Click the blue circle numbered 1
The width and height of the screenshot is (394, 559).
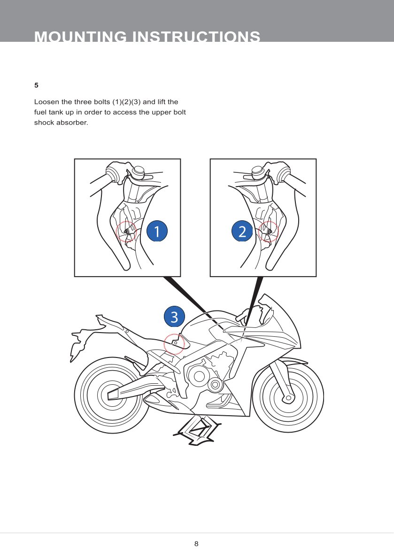(157, 231)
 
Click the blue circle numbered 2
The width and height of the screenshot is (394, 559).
(242, 231)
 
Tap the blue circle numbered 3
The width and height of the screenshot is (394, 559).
(174, 318)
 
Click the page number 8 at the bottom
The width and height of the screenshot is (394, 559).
(196, 544)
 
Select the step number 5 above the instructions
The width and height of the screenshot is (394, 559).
(36, 85)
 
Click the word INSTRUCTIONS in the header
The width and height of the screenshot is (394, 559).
(197, 37)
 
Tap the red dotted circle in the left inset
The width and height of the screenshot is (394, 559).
(126, 231)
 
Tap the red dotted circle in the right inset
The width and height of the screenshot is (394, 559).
(269, 231)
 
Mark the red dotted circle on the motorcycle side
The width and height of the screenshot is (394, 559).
(174, 344)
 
